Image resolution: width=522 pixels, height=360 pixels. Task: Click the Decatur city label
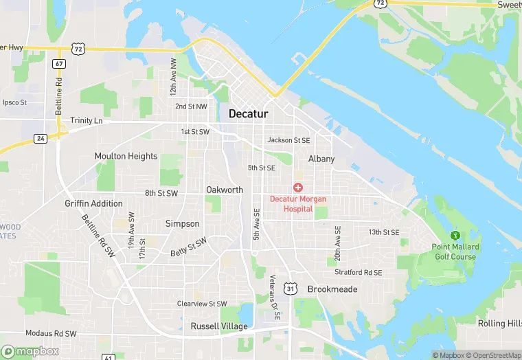pos(248,114)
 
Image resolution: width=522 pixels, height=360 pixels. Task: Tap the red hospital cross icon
pos(298,188)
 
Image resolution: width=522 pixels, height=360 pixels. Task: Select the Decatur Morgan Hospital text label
pos(298,203)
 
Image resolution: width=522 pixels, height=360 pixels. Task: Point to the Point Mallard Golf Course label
pos(455,251)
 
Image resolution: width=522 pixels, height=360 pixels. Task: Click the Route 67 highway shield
pos(59,64)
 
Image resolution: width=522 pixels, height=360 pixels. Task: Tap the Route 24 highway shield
pos(41,138)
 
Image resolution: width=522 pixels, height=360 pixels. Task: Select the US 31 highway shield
pos(292,289)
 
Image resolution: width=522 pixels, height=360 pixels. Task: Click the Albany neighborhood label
pos(321,159)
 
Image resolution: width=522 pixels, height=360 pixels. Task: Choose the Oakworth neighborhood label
pos(225,190)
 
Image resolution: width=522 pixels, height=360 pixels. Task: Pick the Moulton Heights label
pos(126,156)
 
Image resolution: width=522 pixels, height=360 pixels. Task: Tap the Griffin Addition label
pos(93,203)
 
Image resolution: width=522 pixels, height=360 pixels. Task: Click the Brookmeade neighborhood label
pos(332,289)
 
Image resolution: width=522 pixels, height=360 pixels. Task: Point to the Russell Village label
pos(214,326)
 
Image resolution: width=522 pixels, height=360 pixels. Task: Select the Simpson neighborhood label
pos(183,223)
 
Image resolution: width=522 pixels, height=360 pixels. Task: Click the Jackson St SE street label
pos(289,140)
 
